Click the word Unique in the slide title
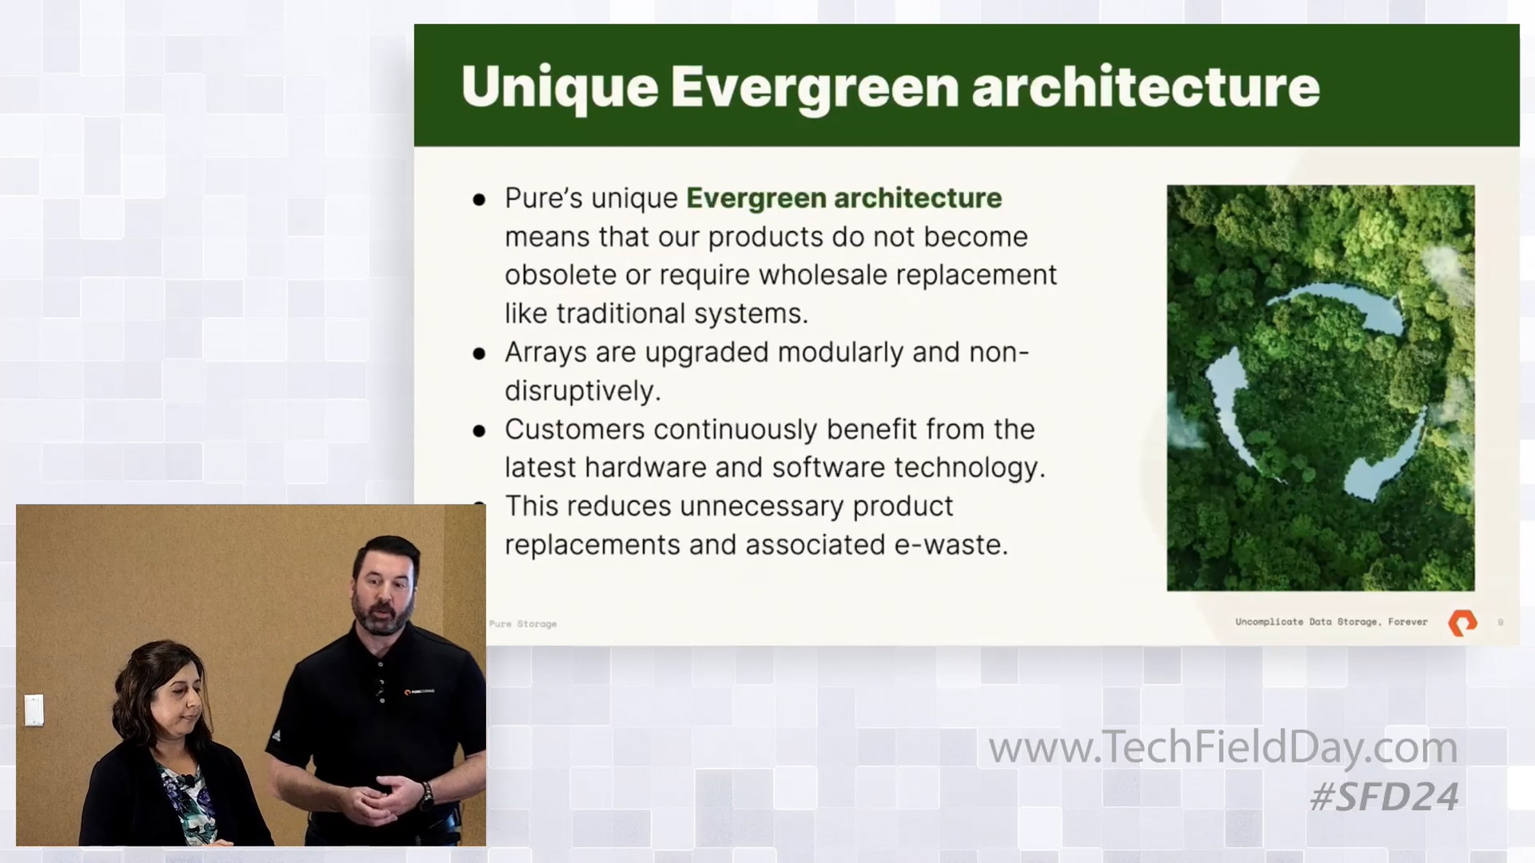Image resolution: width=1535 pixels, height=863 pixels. point(560,88)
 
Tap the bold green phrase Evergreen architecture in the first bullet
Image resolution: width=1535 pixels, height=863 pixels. point(844,198)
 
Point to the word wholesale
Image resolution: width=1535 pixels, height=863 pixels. point(822,275)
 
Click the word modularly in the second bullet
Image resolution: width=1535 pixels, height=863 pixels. point(840,353)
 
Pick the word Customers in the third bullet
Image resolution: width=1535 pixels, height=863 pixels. point(574,430)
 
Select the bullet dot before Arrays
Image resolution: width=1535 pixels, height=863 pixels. point(479,354)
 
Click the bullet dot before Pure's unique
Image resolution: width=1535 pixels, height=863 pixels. point(479,200)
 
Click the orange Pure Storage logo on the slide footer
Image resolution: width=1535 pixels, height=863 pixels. point(1462,623)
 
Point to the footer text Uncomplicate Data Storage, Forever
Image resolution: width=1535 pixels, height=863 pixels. point(1331,621)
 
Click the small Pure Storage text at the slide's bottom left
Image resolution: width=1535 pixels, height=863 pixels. point(523,624)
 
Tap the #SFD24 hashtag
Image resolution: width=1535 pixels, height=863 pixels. point(1384,797)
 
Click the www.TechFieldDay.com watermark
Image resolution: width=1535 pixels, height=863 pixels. point(1223,747)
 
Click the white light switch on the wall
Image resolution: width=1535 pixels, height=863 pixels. point(34,710)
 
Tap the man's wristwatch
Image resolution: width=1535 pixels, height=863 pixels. point(427,795)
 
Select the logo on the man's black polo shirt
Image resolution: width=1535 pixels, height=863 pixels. point(419,692)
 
